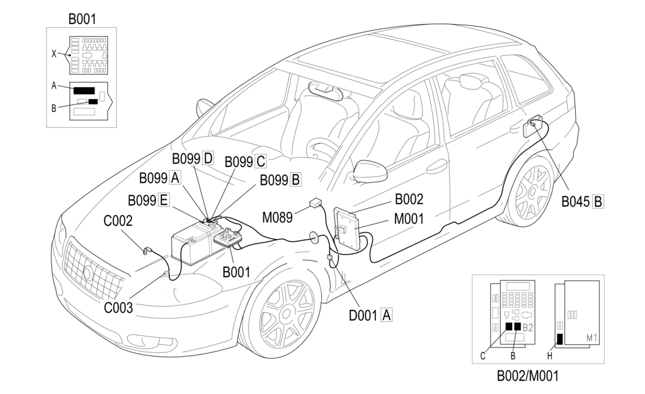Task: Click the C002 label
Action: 118,221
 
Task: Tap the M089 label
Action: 278,217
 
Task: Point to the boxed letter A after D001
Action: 386,314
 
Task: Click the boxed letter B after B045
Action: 598,202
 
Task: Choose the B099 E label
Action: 149,200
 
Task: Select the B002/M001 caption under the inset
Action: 527,376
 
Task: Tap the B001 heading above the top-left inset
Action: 82,19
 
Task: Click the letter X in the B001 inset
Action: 54,54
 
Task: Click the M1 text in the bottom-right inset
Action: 591,339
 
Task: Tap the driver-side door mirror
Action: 370,171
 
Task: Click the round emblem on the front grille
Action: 88,273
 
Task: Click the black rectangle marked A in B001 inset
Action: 84,90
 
